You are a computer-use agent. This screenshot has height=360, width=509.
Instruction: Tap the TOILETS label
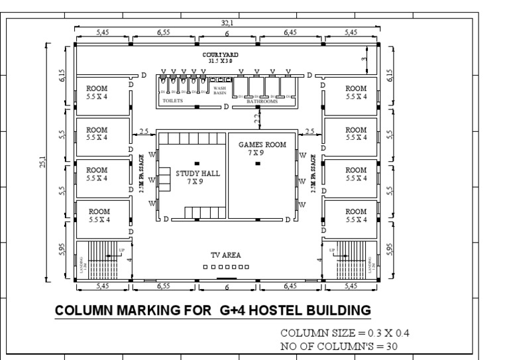(x=173, y=101)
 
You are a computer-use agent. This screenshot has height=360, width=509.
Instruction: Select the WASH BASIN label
(x=219, y=90)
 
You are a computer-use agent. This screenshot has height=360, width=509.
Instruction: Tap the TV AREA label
(x=225, y=255)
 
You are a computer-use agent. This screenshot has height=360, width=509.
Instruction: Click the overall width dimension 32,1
(x=227, y=23)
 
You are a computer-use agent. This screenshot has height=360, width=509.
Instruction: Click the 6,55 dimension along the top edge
(x=164, y=32)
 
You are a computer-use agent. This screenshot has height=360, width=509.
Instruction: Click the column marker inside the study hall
(x=197, y=163)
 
